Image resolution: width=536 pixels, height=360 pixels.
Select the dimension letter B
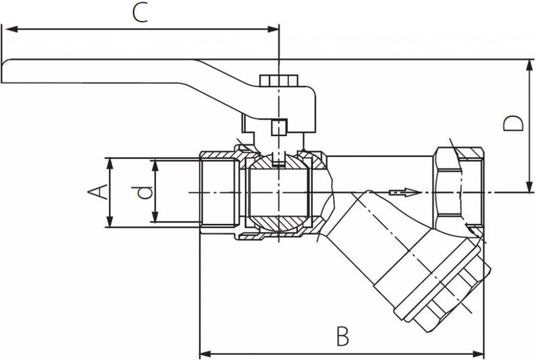pos(342,336)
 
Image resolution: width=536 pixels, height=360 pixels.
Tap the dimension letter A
pos(97,192)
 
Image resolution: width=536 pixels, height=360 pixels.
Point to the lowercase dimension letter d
pos(144,192)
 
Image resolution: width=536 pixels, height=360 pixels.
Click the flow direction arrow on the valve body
pos(404,192)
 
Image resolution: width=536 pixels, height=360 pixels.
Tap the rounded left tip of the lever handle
pos(7,71)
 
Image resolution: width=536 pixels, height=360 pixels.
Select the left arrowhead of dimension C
pos(8,29)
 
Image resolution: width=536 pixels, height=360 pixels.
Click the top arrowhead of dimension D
pos(529,64)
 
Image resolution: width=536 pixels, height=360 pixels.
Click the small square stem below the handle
pos(278,127)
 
